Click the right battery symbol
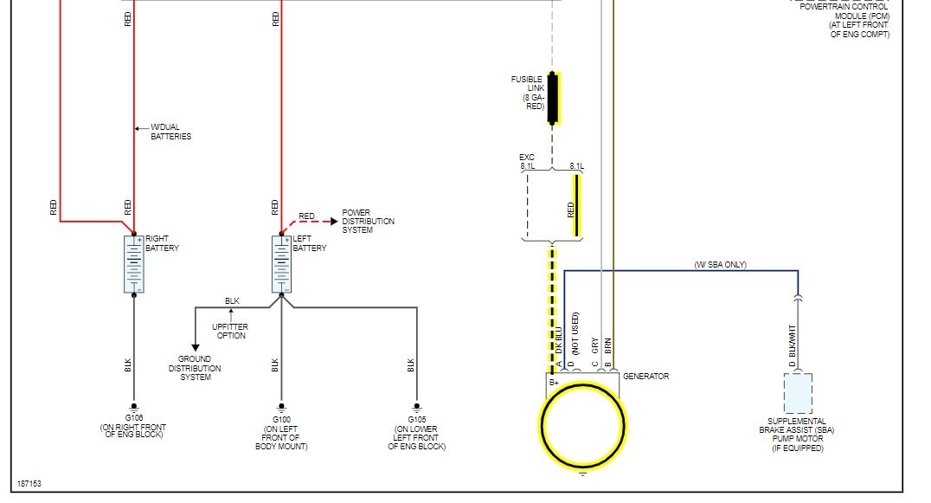(x=134, y=263)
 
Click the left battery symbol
(x=281, y=263)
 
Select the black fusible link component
(x=553, y=98)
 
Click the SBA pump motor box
(x=798, y=393)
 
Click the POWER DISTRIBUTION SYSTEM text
(x=368, y=220)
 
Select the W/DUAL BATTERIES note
(x=170, y=132)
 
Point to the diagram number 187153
(x=29, y=483)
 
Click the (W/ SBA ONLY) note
(x=720, y=264)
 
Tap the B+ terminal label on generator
(x=554, y=382)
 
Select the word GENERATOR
(x=645, y=377)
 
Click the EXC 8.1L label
(x=527, y=162)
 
